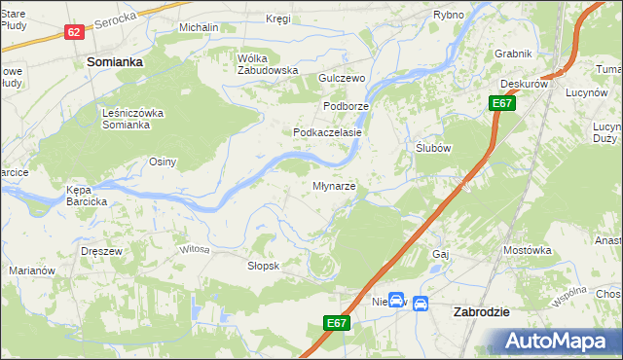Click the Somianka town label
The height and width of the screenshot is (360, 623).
tap(115, 60)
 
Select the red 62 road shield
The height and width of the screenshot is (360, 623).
tap(74, 32)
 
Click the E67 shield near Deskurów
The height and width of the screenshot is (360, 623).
tap(502, 103)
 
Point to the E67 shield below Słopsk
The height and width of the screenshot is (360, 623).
tap(335, 323)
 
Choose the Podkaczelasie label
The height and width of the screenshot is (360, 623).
tap(328, 132)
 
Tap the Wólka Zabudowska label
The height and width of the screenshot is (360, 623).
tap(267, 64)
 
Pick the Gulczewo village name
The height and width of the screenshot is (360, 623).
tap(341, 78)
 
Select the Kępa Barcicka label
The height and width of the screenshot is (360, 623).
tap(87, 196)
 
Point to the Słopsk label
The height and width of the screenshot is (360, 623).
tap(264, 266)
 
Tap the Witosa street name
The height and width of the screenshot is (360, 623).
tap(194, 250)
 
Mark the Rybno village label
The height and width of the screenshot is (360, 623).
tap(449, 15)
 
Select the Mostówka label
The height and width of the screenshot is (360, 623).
tap(528, 250)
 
